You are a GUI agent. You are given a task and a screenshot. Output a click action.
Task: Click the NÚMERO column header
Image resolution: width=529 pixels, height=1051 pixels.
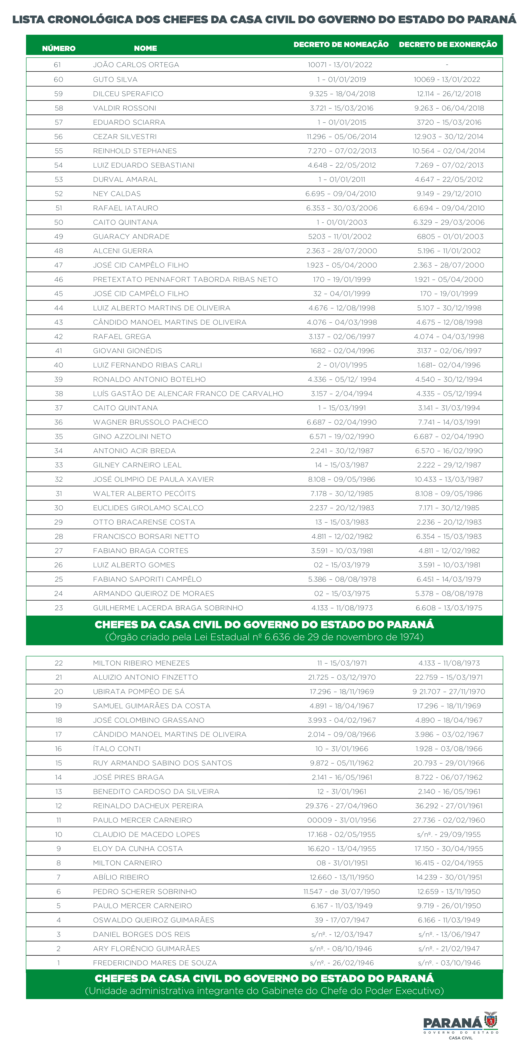(59, 48)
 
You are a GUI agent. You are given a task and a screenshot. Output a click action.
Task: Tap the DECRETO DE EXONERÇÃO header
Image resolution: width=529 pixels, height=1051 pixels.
(448, 44)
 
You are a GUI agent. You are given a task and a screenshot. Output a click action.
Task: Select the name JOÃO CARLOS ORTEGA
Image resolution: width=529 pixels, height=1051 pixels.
(136, 65)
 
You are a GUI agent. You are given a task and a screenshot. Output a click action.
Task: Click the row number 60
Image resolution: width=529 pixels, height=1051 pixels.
(59, 80)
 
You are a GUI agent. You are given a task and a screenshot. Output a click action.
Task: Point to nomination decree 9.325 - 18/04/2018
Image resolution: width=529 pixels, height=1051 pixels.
(342, 94)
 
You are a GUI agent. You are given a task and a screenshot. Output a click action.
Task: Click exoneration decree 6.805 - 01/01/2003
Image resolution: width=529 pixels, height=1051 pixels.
(450, 237)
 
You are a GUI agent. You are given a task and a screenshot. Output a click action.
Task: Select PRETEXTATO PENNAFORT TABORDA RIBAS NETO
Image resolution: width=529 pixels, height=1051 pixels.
(185, 280)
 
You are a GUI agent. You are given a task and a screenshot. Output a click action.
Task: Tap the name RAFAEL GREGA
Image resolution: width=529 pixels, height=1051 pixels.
(122, 337)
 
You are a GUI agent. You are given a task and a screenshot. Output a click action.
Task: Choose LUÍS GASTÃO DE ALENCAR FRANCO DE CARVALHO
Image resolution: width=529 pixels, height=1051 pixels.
(188, 394)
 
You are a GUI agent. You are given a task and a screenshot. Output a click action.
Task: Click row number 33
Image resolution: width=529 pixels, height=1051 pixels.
(59, 465)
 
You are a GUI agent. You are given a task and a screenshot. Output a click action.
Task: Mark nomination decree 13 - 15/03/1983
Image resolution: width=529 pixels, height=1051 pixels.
(342, 522)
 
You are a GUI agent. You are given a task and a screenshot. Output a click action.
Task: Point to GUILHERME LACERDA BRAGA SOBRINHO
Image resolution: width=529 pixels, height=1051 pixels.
(168, 608)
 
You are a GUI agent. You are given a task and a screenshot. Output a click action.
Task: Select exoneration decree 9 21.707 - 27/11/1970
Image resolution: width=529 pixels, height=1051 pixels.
(449, 692)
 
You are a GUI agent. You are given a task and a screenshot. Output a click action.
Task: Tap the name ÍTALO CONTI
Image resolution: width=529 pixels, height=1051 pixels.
(117, 749)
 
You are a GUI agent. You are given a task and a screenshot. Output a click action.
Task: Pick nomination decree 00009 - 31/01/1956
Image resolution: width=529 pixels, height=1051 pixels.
(342, 820)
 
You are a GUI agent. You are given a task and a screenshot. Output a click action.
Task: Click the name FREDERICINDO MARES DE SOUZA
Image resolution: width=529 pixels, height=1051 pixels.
(155, 963)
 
